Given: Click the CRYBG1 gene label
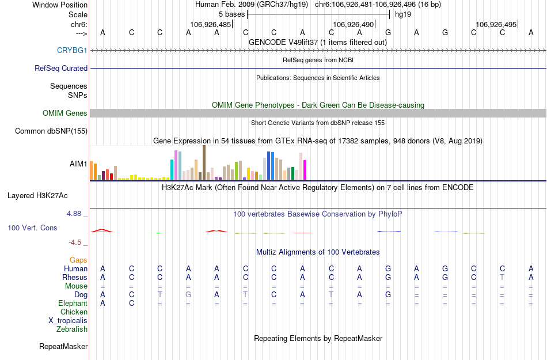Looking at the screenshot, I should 72,50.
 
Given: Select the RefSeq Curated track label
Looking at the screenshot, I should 61,68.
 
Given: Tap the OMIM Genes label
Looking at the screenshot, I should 65,113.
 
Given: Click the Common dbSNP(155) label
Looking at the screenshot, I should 51,131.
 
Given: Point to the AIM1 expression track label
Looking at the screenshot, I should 78,164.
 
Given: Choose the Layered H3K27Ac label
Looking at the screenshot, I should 37,195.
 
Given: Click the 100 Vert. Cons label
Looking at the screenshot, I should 32,228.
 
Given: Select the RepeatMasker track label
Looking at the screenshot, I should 63,347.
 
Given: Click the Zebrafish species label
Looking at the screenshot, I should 72,329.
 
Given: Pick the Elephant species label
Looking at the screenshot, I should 73,304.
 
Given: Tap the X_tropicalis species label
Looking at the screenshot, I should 68,321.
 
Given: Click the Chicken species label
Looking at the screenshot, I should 74,312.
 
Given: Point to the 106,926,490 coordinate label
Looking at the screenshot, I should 354,24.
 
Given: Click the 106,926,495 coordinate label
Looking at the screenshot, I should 496,24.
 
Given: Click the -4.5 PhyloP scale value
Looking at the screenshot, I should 76,242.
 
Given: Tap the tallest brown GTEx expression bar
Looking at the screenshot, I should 204,162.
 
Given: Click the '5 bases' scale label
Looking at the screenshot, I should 231,14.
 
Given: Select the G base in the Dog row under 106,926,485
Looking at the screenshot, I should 188,295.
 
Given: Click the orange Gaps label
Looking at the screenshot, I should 78,260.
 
